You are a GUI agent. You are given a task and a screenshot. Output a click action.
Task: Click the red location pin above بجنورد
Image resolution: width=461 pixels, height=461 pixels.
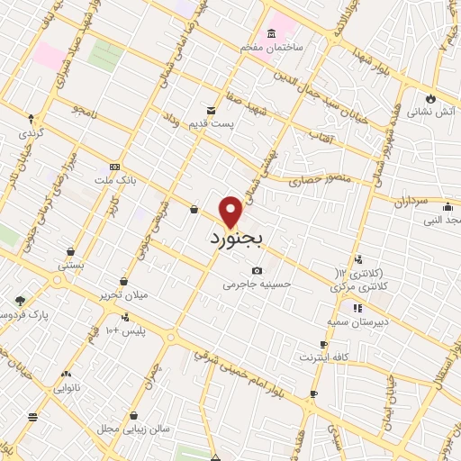(x=231, y=211)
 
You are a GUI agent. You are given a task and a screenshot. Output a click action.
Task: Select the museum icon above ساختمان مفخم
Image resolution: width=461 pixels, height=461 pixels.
(x=271, y=32)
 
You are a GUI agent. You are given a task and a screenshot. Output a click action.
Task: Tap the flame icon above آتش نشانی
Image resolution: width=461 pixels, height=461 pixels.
(x=430, y=97)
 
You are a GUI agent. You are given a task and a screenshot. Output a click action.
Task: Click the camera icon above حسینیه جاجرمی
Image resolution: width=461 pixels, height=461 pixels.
(x=258, y=270)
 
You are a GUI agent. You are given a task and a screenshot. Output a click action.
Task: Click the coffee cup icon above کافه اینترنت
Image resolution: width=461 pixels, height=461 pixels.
(x=323, y=344)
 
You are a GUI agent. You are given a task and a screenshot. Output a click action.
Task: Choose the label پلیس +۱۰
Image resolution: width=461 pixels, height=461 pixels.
(x=125, y=331)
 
